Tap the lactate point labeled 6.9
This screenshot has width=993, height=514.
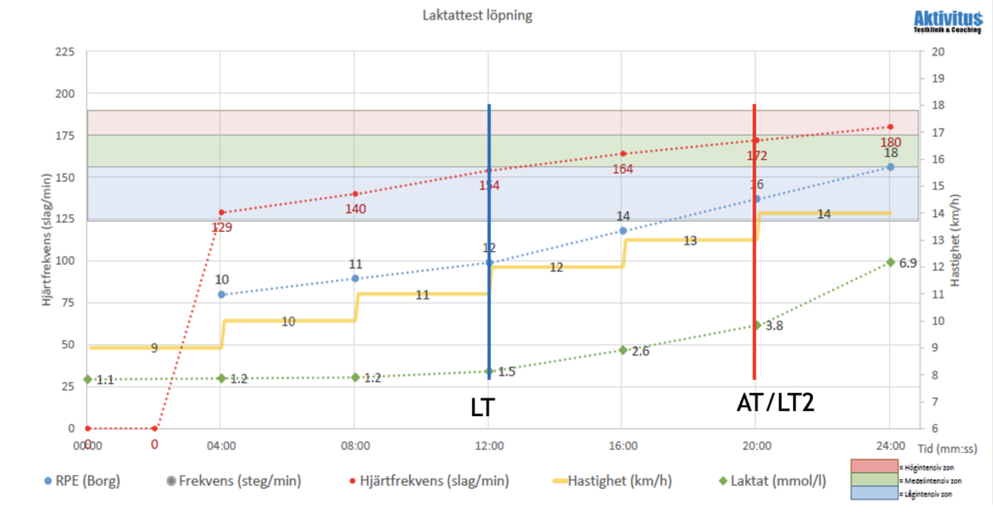[890, 262]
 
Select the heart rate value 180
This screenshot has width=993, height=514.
[890, 143]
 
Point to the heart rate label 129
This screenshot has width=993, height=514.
[222, 228]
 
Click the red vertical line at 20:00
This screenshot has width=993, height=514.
[754, 242]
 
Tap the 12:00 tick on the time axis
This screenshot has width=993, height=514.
[489, 445]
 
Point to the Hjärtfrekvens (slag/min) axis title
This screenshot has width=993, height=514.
[46, 241]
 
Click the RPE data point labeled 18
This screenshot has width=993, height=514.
[890, 167]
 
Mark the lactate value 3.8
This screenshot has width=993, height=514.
[756, 325]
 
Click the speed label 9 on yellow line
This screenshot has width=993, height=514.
[154, 347]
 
